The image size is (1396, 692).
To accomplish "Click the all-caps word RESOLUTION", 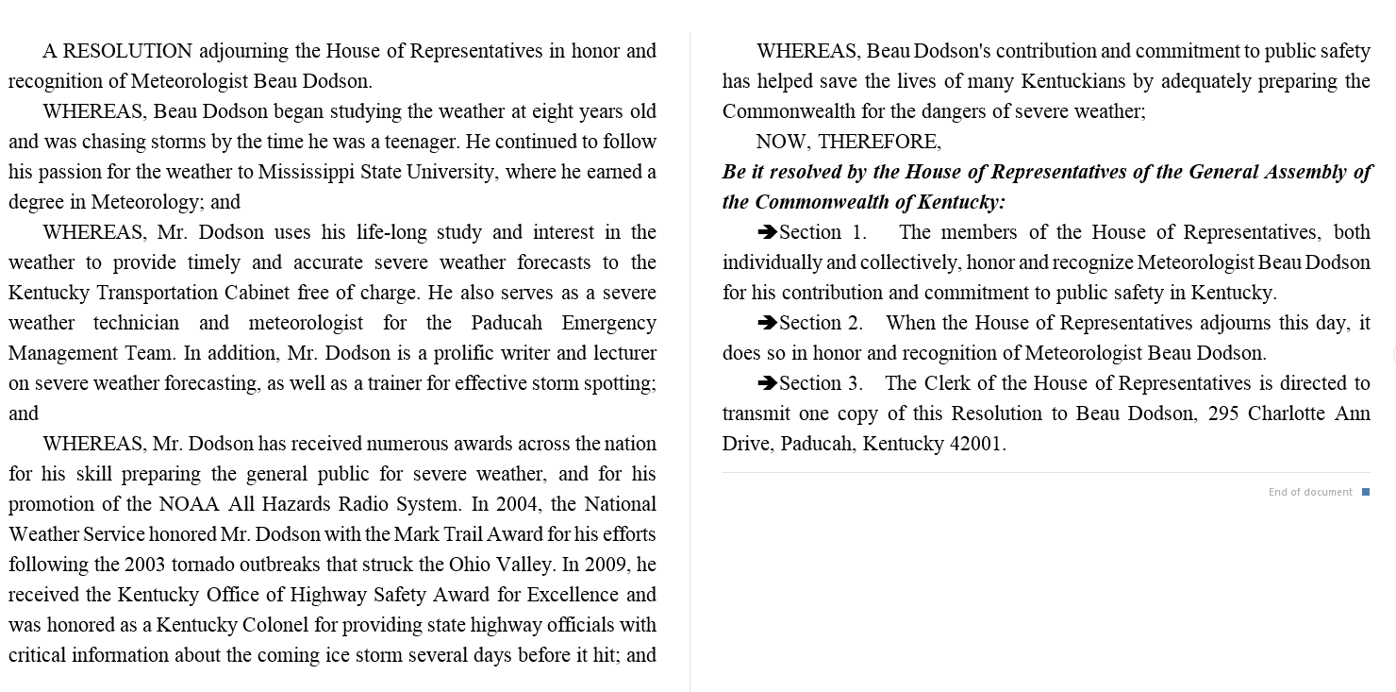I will pos(127,51).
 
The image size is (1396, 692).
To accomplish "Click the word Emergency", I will pos(608,323).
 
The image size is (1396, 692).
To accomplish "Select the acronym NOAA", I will pos(190,504).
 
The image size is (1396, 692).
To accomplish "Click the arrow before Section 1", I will pos(767,232).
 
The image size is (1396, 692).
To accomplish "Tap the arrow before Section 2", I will pos(767,323).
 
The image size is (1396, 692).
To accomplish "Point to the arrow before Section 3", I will pos(767,383).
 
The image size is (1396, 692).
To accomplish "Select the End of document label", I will pos(1310,492).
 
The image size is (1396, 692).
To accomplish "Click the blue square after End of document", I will pos(1366,492).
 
